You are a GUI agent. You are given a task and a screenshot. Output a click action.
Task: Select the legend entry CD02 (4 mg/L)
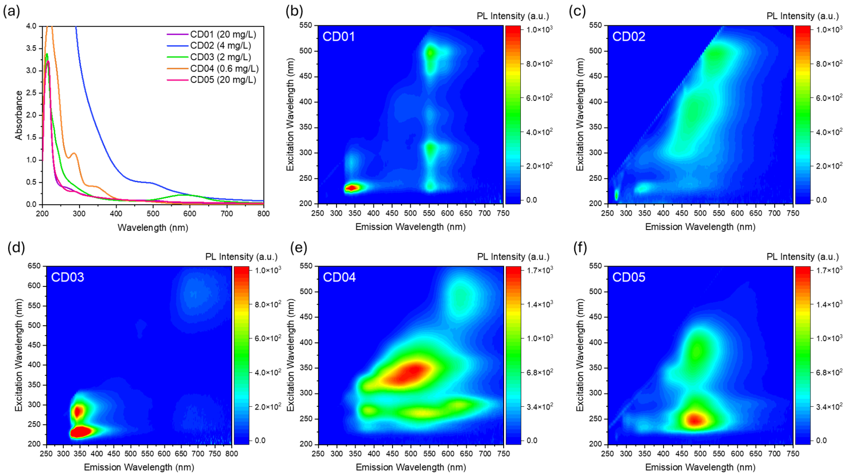click(x=220, y=46)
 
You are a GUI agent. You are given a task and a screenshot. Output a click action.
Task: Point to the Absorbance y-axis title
click(x=19, y=115)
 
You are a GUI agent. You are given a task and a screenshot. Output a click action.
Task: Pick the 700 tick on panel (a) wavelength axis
click(x=227, y=214)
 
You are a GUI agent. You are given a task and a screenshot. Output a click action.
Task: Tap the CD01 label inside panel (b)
click(x=339, y=36)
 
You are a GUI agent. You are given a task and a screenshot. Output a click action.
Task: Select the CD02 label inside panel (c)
click(x=629, y=36)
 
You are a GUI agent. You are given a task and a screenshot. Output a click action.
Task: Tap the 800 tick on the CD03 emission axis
click(x=232, y=454)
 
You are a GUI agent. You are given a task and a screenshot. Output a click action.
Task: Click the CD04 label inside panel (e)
click(x=339, y=277)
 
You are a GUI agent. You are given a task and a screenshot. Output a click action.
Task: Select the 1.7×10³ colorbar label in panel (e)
click(x=540, y=270)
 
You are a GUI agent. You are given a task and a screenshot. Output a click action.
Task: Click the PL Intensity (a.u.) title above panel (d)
click(x=241, y=257)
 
